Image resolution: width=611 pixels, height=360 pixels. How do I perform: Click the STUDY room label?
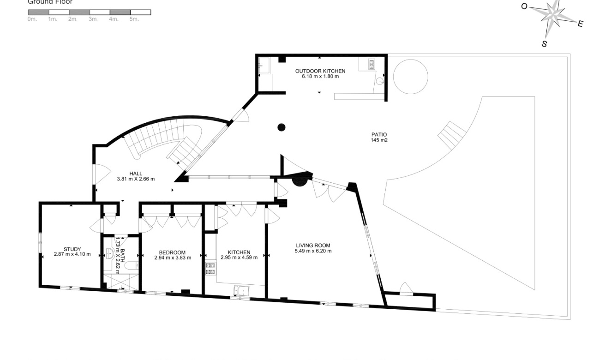tap(72, 249)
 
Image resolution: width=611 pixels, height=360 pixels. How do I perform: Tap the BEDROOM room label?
tap(172, 252)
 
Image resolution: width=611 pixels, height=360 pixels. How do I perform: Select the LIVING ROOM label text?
tap(313, 246)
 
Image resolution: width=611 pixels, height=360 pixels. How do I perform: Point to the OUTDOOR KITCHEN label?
tap(320, 71)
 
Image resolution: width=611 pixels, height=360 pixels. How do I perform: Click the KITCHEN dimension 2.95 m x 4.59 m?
tap(239, 258)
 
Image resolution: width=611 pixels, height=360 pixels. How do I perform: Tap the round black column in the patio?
tap(281, 127)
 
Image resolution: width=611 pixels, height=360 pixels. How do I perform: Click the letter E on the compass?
tap(580, 24)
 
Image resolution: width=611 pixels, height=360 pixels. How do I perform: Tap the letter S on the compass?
tap(544, 44)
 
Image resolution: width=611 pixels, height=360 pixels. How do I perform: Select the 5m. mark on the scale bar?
tap(134, 19)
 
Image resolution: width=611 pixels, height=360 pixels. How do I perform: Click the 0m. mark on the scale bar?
tap(32, 19)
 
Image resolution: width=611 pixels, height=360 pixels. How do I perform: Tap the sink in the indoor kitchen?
tap(241, 291)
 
